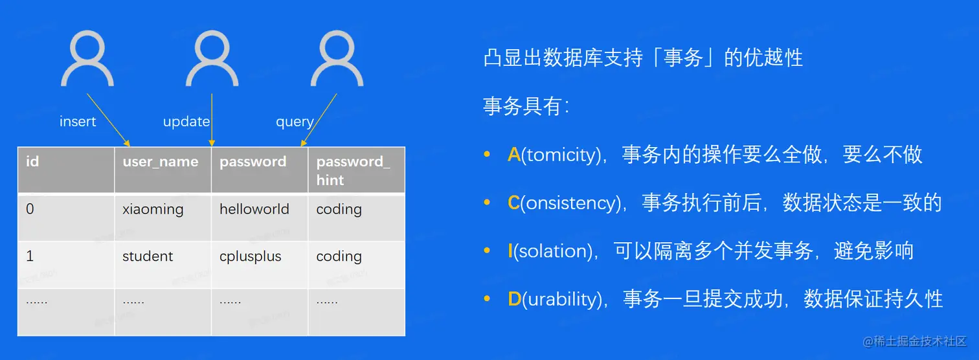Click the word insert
(x=78, y=121)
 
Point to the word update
(x=186, y=122)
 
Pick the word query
(x=295, y=122)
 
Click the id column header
(x=66, y=170)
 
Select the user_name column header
(x=163, y=170)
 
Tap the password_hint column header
(x=357, y=170)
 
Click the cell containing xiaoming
(x=163, y=217)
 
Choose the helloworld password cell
(x=260, y=217)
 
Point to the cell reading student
(x=163, y=264)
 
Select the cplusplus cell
(x=260, y=264)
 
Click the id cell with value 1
(x=66, y=264)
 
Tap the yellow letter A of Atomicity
(x=514, y=155)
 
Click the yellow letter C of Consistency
(x=513, y=203)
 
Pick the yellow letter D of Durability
(x=514, y=299)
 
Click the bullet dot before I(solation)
(x=487, y=251)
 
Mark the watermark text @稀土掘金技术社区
(x=914, y=341)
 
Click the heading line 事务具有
(x=526, y=106)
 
